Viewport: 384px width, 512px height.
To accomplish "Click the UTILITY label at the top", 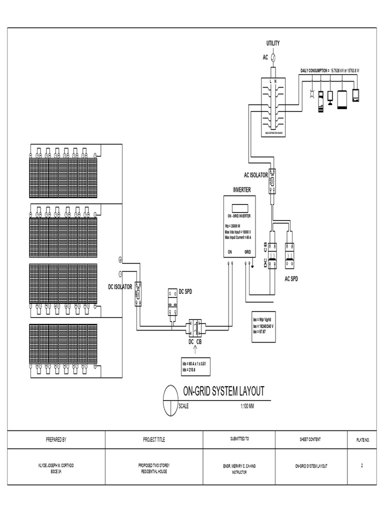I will [x=272, y=43].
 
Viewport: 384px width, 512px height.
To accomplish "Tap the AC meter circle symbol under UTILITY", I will [x=273, y=57].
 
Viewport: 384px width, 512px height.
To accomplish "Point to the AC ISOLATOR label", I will [x=255, y=175].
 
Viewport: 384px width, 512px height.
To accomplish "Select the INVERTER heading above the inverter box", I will [x=242, y=190].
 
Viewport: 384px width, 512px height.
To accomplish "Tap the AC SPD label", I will [x=290, y=278].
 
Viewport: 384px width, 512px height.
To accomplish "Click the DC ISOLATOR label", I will [x=120, y=287].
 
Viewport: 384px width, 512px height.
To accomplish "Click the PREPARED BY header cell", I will [x=56, y=439].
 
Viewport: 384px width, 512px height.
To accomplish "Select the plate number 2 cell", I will [x=361, y=465].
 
